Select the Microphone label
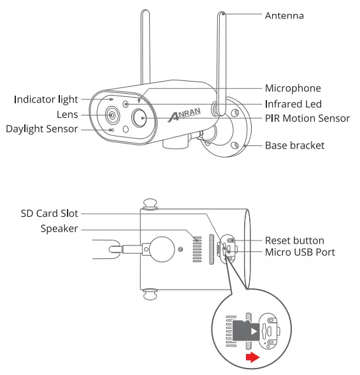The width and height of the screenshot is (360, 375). coord(292,88)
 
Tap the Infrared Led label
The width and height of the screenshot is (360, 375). coord(293,103)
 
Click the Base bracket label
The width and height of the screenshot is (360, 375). coord(295,145)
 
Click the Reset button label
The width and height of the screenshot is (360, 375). coord(294,240)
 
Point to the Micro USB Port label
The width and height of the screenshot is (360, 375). coord(300,252)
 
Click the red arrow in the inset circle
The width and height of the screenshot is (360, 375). coord(254,358)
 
